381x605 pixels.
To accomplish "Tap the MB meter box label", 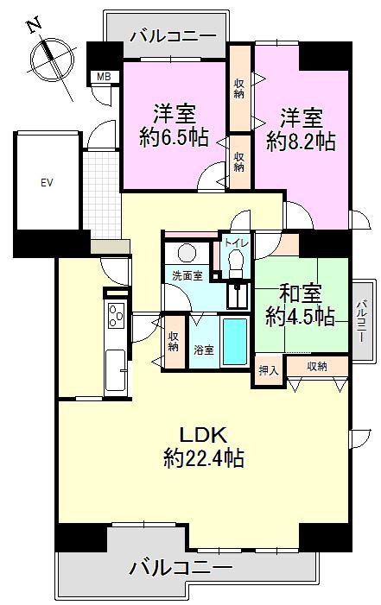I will (x=104, y=78).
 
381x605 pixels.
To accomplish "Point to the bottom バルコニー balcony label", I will (x=181, y=567).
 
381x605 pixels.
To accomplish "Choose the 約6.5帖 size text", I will (x=175, y=137).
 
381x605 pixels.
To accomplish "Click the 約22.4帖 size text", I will (x=204, y=458).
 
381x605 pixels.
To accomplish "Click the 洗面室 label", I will (x=187, y=276).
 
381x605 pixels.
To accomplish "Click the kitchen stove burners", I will (x=116, y=317).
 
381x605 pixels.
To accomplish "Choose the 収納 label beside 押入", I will (x=317, y=367).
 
